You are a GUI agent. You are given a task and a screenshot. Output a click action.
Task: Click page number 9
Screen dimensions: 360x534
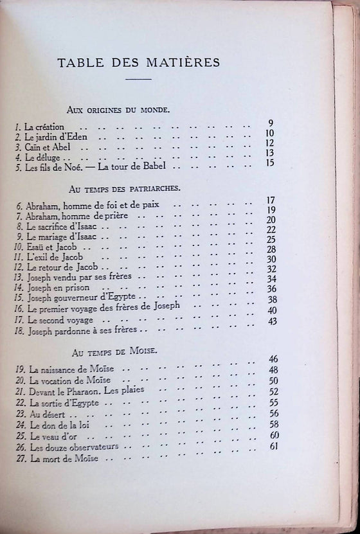[x=271, y=123]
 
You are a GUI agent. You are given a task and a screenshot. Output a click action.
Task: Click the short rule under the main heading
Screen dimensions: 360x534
[x=138, y=79]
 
